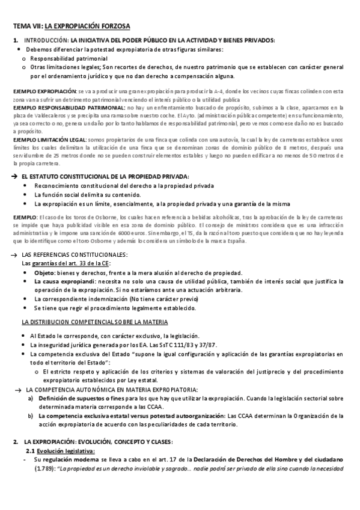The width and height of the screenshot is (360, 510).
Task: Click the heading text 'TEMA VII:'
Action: click(x=27, y=26)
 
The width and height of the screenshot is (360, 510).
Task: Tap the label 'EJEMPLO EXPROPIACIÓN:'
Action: click(x=40, y=91)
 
